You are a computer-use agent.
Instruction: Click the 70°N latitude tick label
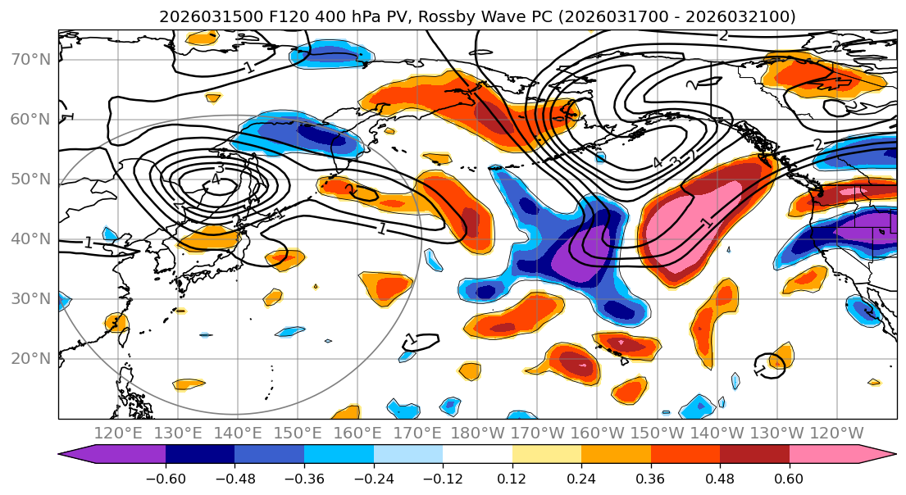click(x=30, y=59)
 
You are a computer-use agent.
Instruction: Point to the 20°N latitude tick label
click(x=30, y=358)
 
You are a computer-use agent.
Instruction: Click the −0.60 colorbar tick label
click(x=165, y=478)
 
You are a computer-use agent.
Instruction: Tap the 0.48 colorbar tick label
click(x=720, y=478)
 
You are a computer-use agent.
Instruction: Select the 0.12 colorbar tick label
click(x=512, y=478)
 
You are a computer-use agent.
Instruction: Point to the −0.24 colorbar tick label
click(x=373, y=478)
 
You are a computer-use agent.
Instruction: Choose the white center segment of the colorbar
click(x=477, y=456)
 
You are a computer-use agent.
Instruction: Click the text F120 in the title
click(x=263, y=16)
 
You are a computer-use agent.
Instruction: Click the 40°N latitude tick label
click(x=30, y=238)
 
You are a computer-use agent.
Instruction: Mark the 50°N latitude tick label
click(x=30, y=179)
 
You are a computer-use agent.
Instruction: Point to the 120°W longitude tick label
click(x=836, y=433)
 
